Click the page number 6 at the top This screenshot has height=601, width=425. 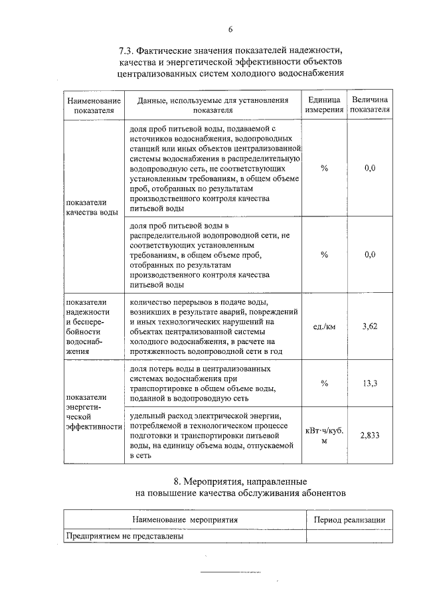click(230, 29)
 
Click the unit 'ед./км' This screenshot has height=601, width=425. click(324, 326)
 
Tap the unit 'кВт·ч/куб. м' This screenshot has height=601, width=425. click(324, 435)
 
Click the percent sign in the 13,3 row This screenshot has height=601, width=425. click(324, 383)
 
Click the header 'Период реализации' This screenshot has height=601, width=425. click(349, 520)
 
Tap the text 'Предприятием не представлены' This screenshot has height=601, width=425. click(124, 535)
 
